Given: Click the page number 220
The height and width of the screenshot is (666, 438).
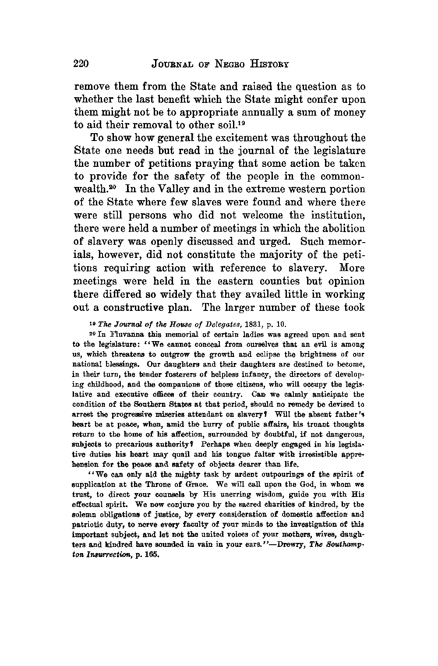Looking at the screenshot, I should tap(81, 64).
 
